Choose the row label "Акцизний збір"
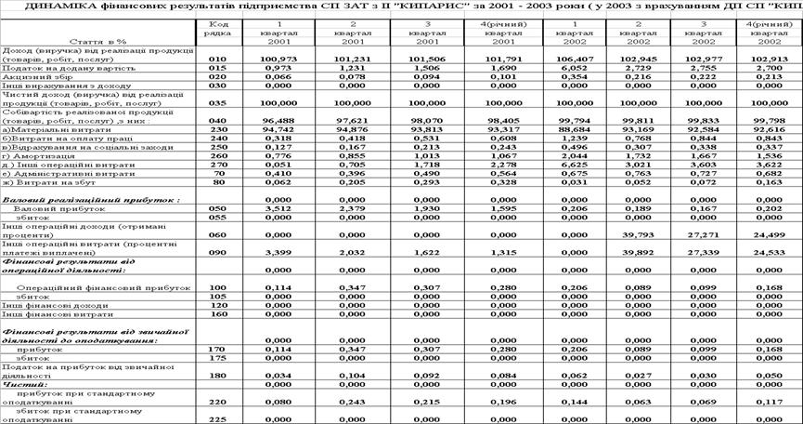(x=32, y=76)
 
